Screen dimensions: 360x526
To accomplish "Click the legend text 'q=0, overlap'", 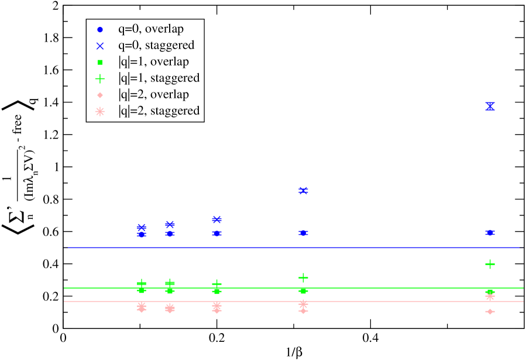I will (x=151, y=29).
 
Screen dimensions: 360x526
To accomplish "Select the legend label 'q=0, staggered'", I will (x=156, y=45).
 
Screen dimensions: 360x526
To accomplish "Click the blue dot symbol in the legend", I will (x=100, y=29).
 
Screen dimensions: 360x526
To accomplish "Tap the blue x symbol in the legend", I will (x=100, y=46).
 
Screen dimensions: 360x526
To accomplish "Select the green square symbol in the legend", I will (x=100, y=62).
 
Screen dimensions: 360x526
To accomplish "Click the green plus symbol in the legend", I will (x=100, y=78).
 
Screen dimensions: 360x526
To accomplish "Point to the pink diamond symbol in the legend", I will (x=100, y=95).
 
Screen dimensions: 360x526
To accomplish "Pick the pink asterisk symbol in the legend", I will (x=100, y=111).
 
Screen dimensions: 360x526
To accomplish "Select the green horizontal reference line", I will (x=380, y=288).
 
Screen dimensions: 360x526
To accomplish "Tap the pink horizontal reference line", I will (x=380, y=301).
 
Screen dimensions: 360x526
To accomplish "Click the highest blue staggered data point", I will (x=490, y=106).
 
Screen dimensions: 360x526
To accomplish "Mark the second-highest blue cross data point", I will (x=303, y=190).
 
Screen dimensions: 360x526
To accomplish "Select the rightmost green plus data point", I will (x=490, y=264).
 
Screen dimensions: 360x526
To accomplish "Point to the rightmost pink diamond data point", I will (x=490, y=311).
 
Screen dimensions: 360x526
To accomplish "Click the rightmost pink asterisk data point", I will (x=490, y=296).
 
